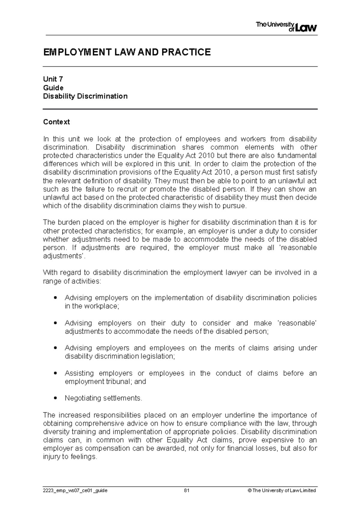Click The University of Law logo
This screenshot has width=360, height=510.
(286, 27)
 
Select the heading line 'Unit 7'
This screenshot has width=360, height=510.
(53, 79)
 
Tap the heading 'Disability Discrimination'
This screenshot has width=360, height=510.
(85, 96)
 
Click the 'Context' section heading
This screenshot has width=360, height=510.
(56, 122)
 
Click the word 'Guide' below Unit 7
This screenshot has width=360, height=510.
(53, 88)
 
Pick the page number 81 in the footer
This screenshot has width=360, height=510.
(187, 490)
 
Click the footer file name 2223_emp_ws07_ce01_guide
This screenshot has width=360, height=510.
(75, 490)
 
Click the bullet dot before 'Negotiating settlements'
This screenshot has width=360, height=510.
(55, 398)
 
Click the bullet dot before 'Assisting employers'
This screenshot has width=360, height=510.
(55, 373)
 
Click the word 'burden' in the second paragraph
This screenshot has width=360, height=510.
(68, 223)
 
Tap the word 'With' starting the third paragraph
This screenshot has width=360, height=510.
(50, 273)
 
